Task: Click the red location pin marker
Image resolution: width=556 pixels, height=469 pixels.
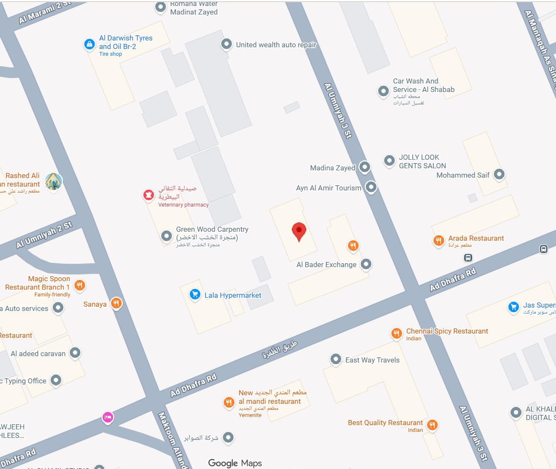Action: tap(299, 231)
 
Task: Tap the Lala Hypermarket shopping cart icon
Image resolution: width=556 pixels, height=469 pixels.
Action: tap(195, 294)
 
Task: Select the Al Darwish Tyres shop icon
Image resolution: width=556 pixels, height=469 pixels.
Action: tap(89, 44)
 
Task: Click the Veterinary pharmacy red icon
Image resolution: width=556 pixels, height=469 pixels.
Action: tap(148, 195)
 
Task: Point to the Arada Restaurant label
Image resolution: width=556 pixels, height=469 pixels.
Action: tap(476, 239)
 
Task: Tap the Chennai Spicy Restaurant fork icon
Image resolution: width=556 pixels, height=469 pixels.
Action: tap(396, 333)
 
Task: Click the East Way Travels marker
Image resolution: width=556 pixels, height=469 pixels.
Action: tap(336, 359)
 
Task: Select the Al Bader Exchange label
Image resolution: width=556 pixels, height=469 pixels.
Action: tap(326, 265)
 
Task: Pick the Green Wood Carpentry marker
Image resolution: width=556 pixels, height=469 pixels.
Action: tap(166, 236)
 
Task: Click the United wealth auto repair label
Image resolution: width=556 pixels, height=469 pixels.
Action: tap(276, 45)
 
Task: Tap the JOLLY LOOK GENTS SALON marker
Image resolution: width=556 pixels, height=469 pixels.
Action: tap(389, 161)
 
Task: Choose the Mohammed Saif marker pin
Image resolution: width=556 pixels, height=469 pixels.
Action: tap(499, 174)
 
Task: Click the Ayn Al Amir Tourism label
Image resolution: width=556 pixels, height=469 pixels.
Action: tap(328, 188)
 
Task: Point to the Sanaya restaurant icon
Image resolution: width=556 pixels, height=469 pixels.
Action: tap(116, 303)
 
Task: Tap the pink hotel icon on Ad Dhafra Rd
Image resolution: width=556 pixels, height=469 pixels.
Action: tap(108, 417)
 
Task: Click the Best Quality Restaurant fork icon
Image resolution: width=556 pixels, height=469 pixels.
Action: tap(432, 424)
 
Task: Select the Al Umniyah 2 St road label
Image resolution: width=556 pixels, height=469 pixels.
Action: tap(44, 235)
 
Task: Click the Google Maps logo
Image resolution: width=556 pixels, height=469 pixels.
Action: tap(235, 463)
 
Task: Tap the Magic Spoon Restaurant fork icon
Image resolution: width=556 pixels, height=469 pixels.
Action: tap(80, 285)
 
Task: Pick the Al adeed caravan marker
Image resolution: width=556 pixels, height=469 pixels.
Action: tap(75, 352)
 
